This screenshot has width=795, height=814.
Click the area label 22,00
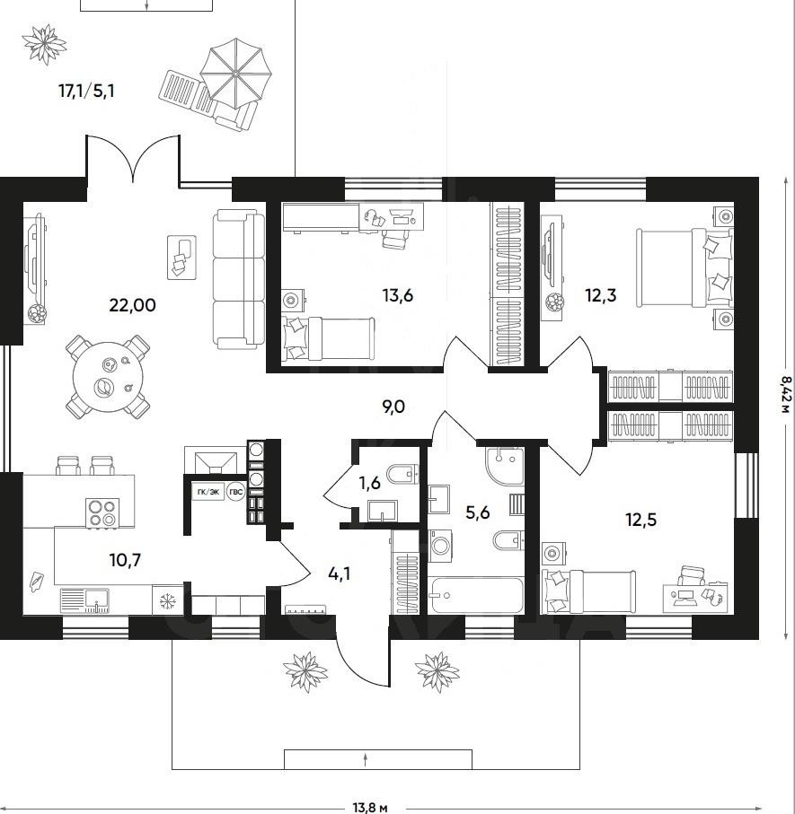click(x=133, y=305)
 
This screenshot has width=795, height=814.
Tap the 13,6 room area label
click(x=397, y=296)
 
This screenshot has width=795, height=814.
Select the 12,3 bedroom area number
click(x=601, y=296)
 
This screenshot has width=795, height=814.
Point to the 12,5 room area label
click(x=641, y=520)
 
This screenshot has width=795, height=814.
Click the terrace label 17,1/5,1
click(x=86, y=92)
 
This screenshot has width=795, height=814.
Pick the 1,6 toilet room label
click(x=369, y=484)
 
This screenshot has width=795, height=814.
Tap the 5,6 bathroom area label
click(x=478, y=513)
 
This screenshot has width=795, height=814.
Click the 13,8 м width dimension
click(x=370, y=807)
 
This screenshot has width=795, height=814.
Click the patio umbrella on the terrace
click(x=236, y=74)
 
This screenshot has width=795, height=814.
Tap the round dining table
click(x=108, y=377)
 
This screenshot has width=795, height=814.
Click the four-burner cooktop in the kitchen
click(x=102, y=513)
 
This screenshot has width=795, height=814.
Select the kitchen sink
click(x=84, y=600)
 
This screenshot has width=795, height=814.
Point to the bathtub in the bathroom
click(x=476, y=595)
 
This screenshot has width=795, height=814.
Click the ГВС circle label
click(x=236, y=492)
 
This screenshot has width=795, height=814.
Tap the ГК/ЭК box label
click(x=208, y=492)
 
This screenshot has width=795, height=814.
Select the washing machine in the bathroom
click(x=440, y=545)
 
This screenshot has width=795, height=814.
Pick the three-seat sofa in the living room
click(x=239, y=279)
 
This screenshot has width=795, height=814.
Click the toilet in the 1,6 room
click(x=403, y=474)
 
